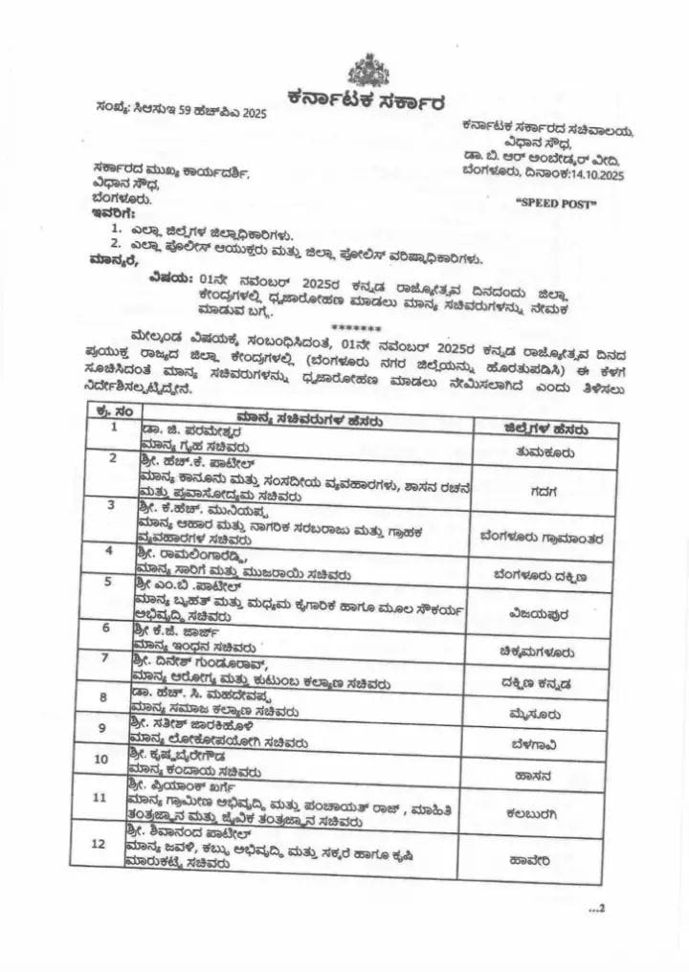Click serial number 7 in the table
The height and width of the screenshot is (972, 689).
click(x=104, y=658)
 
